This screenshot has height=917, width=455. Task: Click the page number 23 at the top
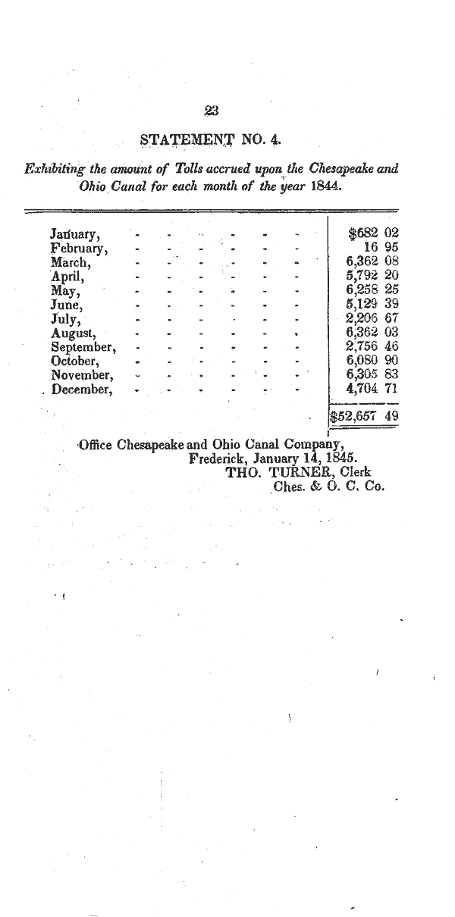(x=212, y=111)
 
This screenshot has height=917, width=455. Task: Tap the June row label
(x=67, y=304)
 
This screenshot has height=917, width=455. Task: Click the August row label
(x=73, y=332)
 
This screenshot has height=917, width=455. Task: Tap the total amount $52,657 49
(x=364, y=416)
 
